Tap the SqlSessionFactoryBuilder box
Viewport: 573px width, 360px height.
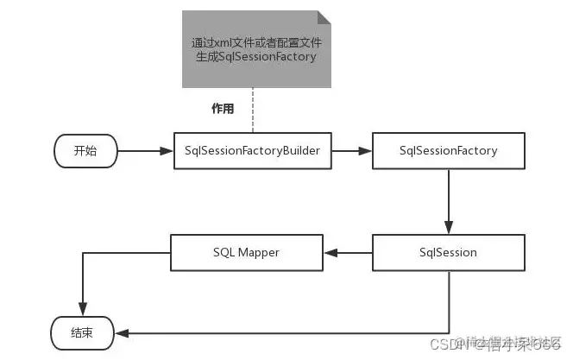[x=253, y=150]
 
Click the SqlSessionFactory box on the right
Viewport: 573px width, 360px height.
[x=448, y=150]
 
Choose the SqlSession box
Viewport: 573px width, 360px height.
[x=448, y=252]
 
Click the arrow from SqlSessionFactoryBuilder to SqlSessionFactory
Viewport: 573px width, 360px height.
[x=351, y=150]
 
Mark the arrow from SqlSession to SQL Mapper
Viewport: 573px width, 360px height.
[x=349, y=252]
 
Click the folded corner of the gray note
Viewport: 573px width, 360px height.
[x=324, y=16]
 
